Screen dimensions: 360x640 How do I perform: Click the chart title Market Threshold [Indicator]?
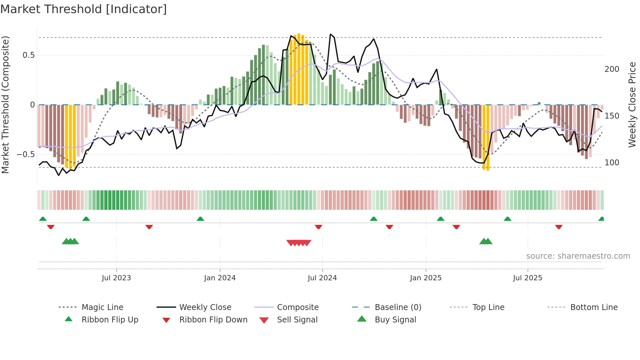coord(84,9)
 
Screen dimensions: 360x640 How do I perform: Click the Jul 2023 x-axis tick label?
coord(116,278)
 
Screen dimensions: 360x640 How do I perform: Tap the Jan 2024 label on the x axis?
coord(220,278)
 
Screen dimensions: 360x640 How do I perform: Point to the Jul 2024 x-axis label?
coord(322,278)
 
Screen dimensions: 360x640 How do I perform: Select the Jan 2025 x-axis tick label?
coord(426,278)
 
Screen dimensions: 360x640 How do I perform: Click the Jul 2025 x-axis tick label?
coord(528,278)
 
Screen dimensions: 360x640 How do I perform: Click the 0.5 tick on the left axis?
coord(29,55)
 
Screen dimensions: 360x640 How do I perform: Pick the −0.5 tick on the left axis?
coord(26,154)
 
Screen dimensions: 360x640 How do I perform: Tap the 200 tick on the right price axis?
coord(612,69)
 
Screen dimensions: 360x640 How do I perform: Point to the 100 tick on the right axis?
coord(612,163)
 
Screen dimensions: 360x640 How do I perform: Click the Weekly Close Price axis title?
coord(632,105)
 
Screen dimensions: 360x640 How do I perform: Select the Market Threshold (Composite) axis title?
coord(5,105)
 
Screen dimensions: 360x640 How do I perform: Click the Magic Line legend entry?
coord(102,307)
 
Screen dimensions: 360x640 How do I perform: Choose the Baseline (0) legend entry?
coord(398,307)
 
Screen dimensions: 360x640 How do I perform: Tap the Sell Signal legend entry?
coord(297,320)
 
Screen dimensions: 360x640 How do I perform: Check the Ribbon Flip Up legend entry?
coord(110,320)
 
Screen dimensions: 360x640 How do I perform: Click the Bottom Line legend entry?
coord(594,307)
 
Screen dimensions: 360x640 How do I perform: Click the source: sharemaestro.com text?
coord(578,256)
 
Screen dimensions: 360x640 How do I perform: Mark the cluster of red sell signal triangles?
coord(299,243)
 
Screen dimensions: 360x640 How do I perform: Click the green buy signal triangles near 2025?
coord(486,241)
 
